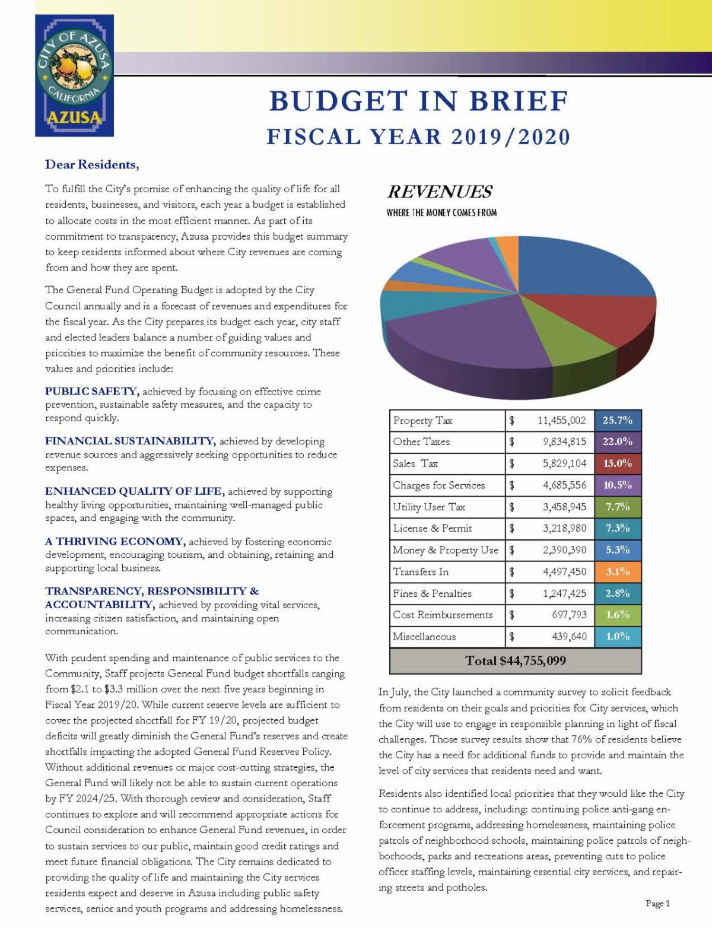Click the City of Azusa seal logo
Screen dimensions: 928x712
click(74, 75)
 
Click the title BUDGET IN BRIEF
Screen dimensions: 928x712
click(419, 101)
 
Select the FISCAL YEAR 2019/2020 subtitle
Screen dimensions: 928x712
click(418, 137)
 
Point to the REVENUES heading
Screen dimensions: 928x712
click(440, 192)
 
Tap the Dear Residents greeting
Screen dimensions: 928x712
click(92, 164)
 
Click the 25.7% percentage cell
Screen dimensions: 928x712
click(618, 420)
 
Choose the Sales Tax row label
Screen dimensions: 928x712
click(415, 463)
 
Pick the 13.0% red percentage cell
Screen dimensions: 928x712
click(618, 463)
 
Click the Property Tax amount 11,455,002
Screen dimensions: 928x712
click(561, 420)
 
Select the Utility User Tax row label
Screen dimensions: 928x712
click(429, 507)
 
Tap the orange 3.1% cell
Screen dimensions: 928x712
click(618, 571)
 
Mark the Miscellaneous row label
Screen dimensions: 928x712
click(424, 637)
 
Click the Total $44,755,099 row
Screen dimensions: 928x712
click(515, 661)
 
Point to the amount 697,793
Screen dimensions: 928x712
click(569, 615)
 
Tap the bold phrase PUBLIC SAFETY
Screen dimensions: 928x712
click(91, 391)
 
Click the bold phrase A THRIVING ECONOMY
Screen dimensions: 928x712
click(114, 541)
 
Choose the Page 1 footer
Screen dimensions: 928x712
click(657, 904)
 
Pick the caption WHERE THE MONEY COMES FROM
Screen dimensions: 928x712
click(441, 212)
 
